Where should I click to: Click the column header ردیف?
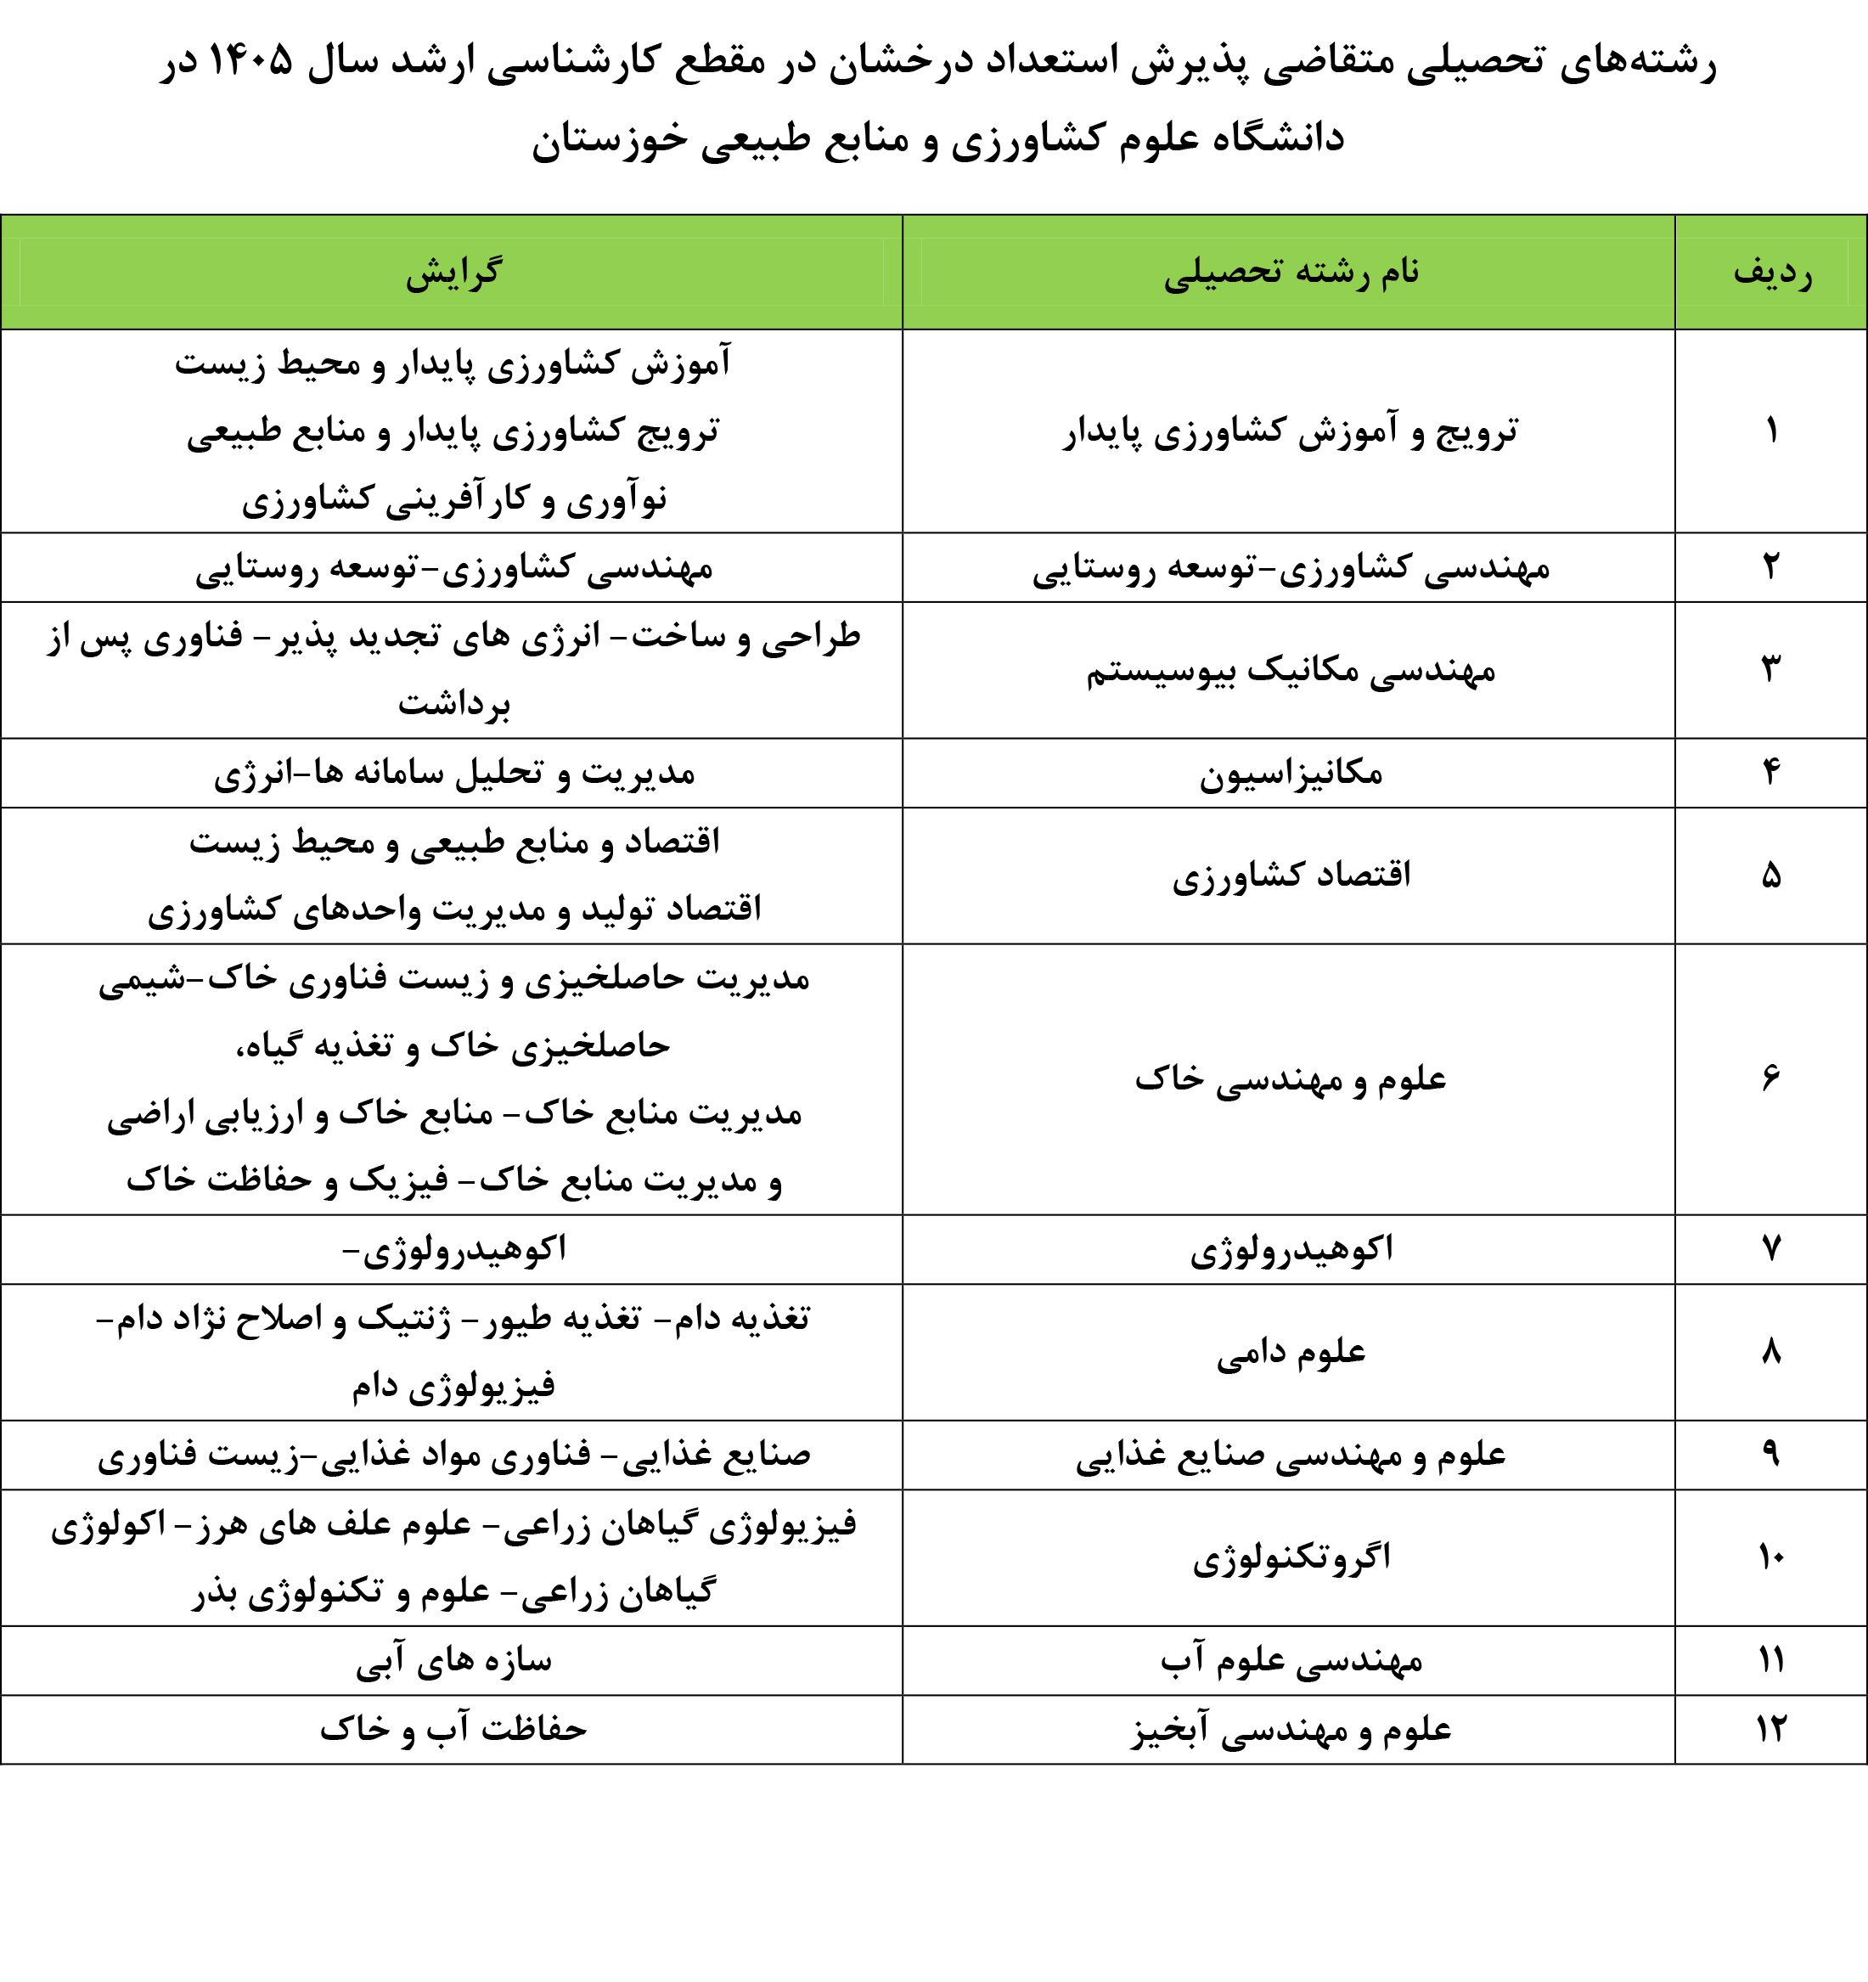(x=1771, y=273)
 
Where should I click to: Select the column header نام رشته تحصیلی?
(x=1291, y=273)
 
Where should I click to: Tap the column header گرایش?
(x=453, y=273)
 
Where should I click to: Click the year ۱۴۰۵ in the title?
(x=249, y=62)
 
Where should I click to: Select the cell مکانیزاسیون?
(x=1291, y=774)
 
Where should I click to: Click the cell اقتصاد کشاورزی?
(x=1291, y=876)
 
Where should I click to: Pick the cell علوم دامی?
(x=1291, y=1353)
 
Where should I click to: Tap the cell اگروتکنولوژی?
(x=1291, y=1557)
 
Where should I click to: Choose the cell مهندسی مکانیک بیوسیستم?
(x=1291, y=670)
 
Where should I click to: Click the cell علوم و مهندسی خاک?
(x=1291, y=1078)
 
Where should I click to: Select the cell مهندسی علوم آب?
(x=1291, y=1660)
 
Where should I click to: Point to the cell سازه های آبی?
(x=453, y=1660)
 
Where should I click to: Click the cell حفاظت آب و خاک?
(x=453, y=1729)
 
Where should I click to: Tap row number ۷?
(x=1771, y=1249)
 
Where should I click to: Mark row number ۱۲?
(x=1771, y=1729)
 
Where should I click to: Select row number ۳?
(x=1771, y=670)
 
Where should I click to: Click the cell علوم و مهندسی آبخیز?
(x=1291, y=1729)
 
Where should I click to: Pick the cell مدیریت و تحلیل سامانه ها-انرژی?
(x=453, y=774)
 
